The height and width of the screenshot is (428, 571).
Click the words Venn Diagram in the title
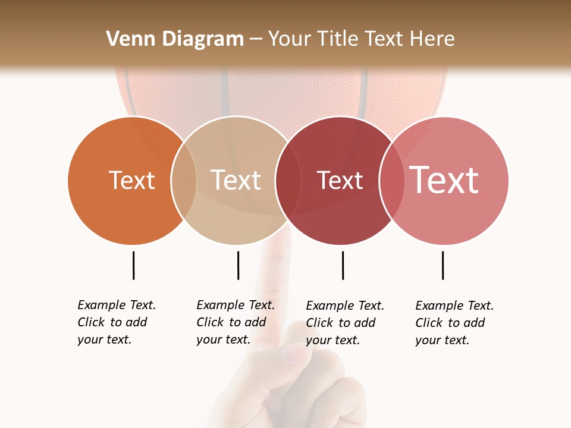pos(175,39)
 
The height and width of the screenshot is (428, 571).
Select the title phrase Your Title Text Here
pos(361,39)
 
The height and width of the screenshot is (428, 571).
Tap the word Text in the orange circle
pos(131,180)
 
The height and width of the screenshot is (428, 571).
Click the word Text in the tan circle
pos(236,180)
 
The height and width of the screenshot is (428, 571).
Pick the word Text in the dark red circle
pos(340,180)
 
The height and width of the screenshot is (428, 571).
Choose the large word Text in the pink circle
pos(444,180)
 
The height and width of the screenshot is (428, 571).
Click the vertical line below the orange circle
pos(133,265)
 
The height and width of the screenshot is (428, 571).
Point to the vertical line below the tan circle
pos(238,265)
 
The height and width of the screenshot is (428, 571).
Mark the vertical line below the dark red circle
pos(343,265)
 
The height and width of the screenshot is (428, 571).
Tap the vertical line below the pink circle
pos(443,265)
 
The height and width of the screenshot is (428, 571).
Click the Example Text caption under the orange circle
pos(117,322)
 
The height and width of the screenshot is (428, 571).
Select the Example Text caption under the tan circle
pos(236,322)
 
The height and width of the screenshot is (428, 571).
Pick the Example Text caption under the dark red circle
pos(345,323)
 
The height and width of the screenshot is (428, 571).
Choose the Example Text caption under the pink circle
pos(454,323)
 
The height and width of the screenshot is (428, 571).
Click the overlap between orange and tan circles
pos(184,180)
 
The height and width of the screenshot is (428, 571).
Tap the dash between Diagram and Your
pos(256,40)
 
